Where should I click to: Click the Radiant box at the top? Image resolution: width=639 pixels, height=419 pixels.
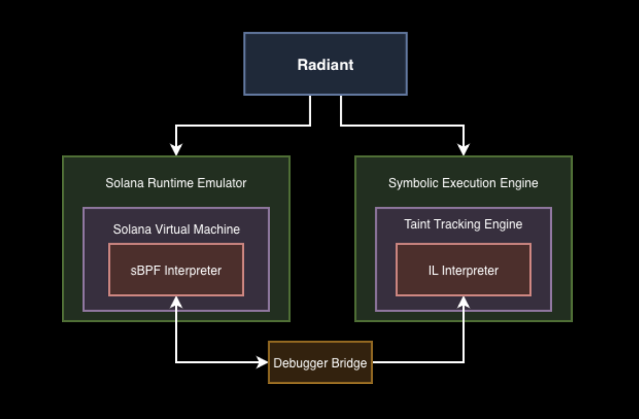click(x=325, y=64)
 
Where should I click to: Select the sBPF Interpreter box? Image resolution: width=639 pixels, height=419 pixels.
click(x=176, y=270)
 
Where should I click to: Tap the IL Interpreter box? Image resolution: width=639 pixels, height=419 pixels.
click(x=463, y=270)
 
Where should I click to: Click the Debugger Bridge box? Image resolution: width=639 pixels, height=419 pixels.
click(x=320, y=363)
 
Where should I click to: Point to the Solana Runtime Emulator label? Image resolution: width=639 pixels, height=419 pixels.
click(x=176, y=183)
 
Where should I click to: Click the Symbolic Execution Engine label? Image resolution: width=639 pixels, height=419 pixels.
click(x=463, y=183)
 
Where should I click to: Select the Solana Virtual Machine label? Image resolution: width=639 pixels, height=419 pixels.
click(x=176, y=229)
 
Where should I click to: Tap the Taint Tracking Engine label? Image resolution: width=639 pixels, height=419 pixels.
click(x=463, y=224)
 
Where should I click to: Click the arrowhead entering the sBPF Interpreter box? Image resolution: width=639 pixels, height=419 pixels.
click(x=176, y=302)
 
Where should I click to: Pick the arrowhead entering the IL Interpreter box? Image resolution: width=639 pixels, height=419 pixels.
click(x=464, y=302)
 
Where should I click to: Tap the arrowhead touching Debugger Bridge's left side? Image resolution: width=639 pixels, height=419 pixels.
click(x=263, y=363)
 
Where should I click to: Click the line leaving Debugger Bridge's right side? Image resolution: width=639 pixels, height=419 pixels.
click(x=417, y=363)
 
